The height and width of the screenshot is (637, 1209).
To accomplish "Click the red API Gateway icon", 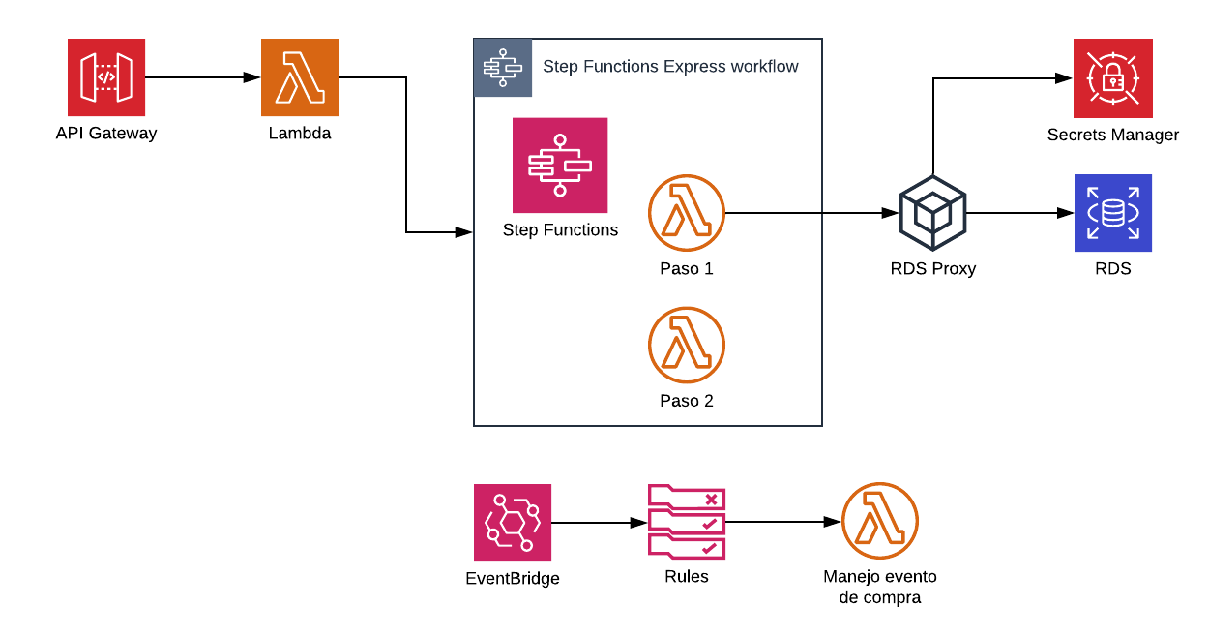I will (106, 77).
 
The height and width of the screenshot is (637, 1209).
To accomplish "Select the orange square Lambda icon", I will (300, 77).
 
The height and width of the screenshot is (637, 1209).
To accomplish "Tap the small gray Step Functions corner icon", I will (503, 68).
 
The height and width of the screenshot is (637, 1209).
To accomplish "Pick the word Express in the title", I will (694, 67).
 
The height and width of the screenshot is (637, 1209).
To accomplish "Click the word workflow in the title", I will (764, 67).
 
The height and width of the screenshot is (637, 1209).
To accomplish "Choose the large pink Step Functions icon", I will (560, 166).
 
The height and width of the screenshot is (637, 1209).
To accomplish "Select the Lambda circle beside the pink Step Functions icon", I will (687, 213).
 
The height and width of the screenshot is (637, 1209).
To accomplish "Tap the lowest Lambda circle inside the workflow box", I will (687, 346).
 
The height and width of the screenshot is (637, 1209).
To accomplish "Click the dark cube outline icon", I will (932, 213).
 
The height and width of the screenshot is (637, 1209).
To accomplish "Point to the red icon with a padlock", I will (1112, 77).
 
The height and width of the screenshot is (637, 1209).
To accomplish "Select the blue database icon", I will (1113, 213).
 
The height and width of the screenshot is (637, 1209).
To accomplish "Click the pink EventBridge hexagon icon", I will (513, 523).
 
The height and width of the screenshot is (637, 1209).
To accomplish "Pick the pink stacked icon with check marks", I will (687, 523).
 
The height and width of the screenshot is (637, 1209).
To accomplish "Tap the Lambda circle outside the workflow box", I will (880, 521).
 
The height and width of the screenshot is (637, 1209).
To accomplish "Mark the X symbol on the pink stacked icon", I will (712, 500).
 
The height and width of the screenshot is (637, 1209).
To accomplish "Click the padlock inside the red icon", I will (1112, 79).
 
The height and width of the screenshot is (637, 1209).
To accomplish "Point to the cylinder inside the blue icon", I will (1113, 213).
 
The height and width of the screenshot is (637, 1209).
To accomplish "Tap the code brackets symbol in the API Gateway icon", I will (106, 77).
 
